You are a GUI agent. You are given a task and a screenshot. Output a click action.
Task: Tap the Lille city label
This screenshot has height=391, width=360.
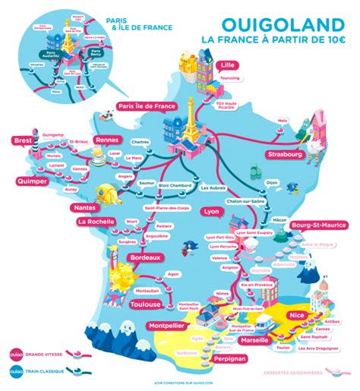226,65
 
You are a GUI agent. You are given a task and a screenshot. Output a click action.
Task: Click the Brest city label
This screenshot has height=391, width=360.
22,140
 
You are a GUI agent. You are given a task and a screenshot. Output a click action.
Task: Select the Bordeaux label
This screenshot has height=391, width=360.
146,258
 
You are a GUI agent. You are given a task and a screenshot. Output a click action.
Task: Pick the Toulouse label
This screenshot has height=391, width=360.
145,304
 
